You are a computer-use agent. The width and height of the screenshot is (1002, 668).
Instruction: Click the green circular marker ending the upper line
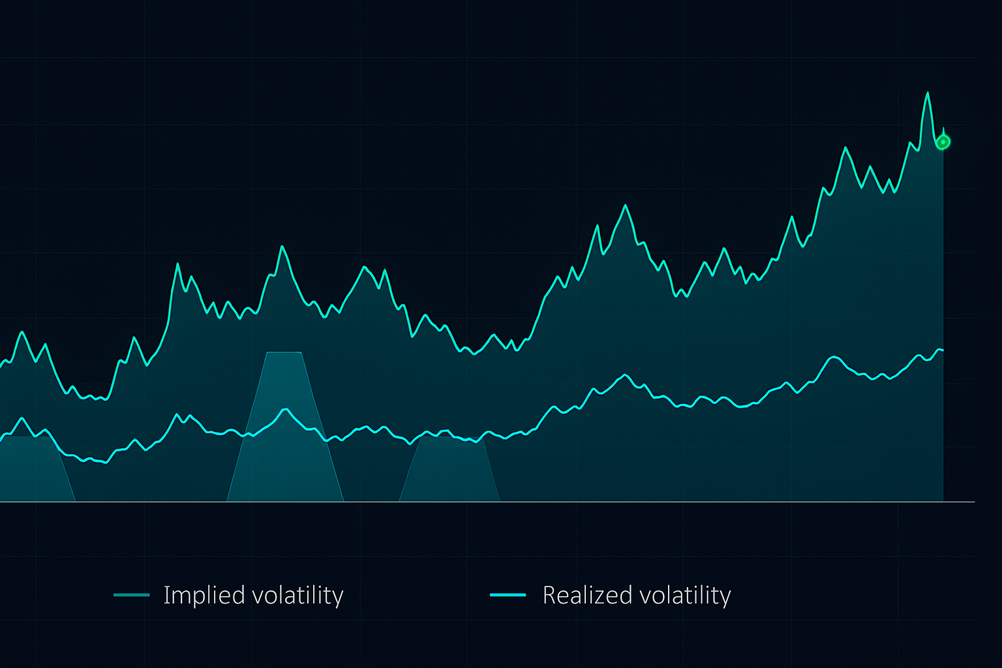click(943, 142)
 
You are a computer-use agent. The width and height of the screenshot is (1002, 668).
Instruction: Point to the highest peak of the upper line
click(927, 93)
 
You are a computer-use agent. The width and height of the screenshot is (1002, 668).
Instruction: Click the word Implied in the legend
click(195, 595)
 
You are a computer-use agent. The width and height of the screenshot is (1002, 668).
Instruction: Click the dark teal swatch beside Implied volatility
click(131, 595)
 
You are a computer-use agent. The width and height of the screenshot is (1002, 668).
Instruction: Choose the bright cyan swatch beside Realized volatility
click(508, 595)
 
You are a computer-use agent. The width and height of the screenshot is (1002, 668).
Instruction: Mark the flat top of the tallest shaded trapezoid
click(284, 352)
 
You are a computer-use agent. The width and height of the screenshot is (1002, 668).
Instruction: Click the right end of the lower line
click(943, 350)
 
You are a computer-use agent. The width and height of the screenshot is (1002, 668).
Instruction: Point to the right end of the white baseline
click(974, 502)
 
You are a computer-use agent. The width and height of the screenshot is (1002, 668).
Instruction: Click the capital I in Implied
click(166, 595)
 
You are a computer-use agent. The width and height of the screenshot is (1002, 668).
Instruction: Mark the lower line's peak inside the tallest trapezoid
click(285, 409)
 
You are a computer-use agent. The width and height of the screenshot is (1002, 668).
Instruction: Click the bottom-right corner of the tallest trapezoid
click(343, 501)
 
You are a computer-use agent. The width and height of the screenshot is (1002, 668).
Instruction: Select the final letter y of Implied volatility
click(339, 598)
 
